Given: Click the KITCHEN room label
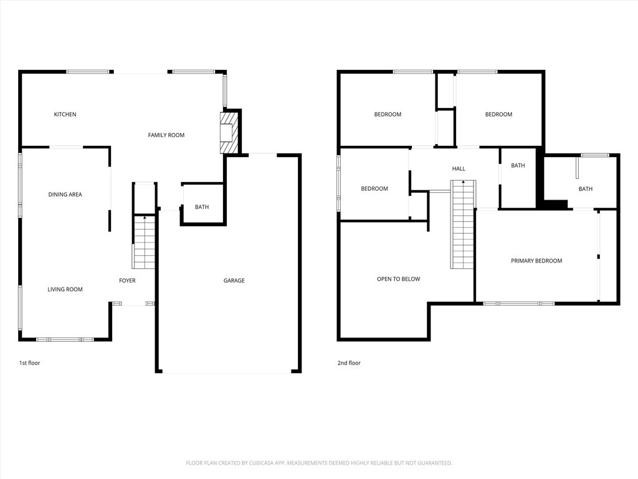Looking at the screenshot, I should [x=65, y=114].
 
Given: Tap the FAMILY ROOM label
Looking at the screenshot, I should [x=166, y=135].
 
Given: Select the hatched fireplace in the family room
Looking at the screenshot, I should [x=228, y=132].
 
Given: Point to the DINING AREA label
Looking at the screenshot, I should [x=65, y=195].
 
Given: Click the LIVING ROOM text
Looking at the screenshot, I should [x=65, y=289].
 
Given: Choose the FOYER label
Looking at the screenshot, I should [x=127, y=281].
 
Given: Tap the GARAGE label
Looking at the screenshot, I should [x=234, y=281].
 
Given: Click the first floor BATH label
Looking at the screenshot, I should [x=202, y=207].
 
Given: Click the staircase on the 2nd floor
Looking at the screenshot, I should [x=462, y=225].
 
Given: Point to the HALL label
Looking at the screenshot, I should [x=459, y=168].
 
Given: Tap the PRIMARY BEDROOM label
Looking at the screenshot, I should [x=536, y=261].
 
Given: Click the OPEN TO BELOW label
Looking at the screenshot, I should [x=398, y=279].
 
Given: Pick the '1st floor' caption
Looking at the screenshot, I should [x=29, y=363].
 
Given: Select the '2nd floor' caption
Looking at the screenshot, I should [x=350, y=363].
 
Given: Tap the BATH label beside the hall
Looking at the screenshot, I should [x=518, y=165].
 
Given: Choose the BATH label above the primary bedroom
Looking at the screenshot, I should [x=585, y=189].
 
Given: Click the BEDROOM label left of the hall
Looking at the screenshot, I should [x=374, y=189].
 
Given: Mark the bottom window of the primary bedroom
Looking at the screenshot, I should [x=518, y=303].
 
